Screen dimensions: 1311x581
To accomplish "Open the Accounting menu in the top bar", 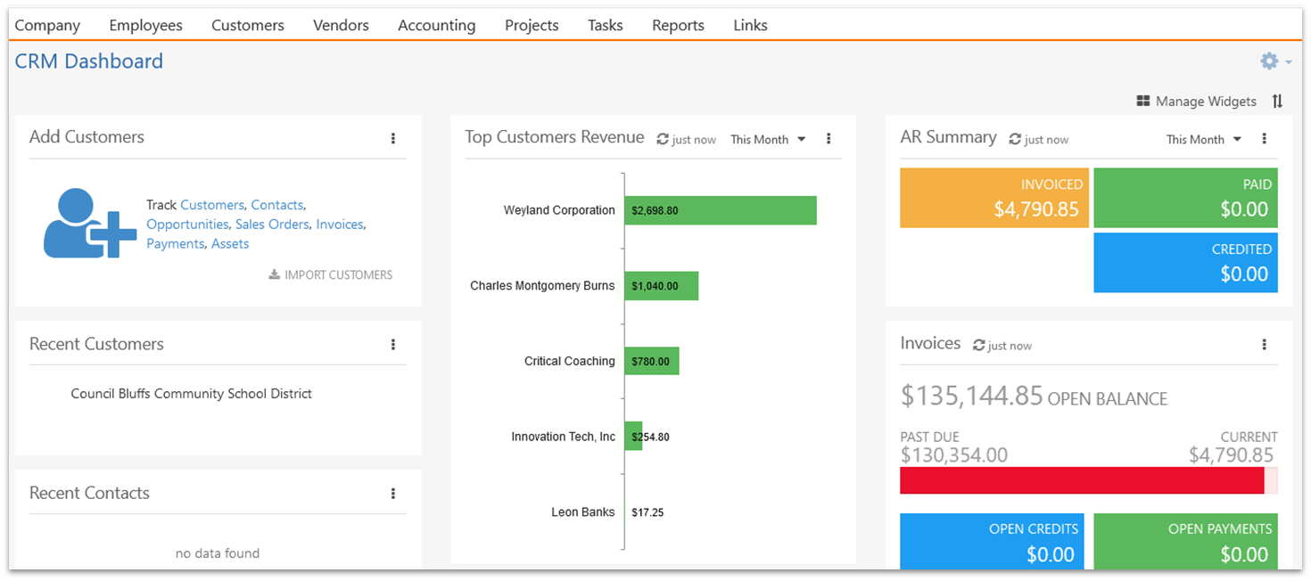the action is (x=437, y=25).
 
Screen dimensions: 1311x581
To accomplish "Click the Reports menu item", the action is (x=678, y=25).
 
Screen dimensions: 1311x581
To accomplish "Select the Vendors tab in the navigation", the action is (x=341, y=25).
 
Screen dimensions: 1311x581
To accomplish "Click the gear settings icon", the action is (x=1269, y=61).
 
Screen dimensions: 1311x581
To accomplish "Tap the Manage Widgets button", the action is (x=1196, y=101).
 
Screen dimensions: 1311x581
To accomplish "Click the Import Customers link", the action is (x=331, y=274).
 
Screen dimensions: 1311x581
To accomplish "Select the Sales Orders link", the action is (x=272, y=225).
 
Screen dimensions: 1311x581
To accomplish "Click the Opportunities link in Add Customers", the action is (x=187, y=225).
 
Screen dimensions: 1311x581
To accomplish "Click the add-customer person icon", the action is (x=89, y=223).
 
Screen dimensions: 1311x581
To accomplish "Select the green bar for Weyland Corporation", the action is (x=721, y=210).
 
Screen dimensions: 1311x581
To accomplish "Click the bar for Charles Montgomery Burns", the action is (x=662, y=286).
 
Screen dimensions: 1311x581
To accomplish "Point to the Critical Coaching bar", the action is (x=652, y=361).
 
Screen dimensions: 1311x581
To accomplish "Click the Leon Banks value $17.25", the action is (x=647, y=512).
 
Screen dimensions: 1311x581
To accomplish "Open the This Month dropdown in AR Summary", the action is (x=1203, y=140).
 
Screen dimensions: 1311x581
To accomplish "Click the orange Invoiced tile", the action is (x=994, y=198).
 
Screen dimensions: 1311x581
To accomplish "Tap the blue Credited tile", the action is (x=1185, y=263).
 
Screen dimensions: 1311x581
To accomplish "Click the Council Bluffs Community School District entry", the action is (x=192, y=394).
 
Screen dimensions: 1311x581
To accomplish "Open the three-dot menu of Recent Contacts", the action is (x=393, y=494).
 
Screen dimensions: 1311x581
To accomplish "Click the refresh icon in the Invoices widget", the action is (x=978, y=346).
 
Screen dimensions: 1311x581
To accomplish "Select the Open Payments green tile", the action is (x=1185, y=542).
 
